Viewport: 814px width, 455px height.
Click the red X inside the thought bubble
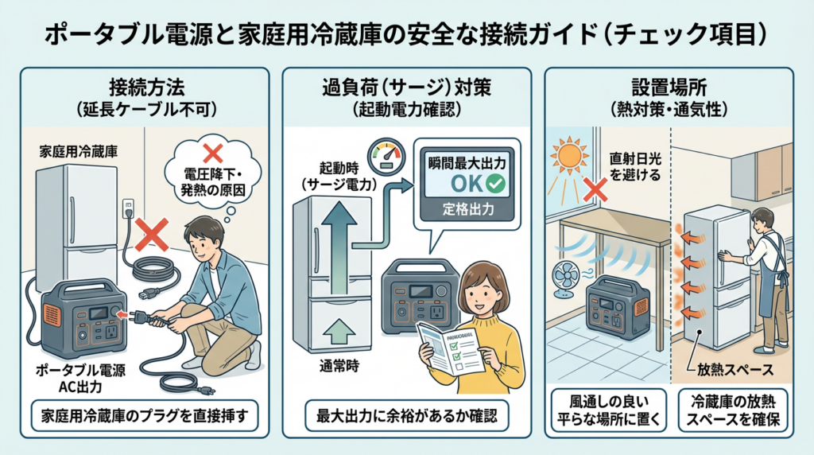(x=212, y=153)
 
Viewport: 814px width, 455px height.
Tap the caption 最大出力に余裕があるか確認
(x=406, y=416)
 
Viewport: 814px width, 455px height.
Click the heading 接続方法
(x=140, y=87)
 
